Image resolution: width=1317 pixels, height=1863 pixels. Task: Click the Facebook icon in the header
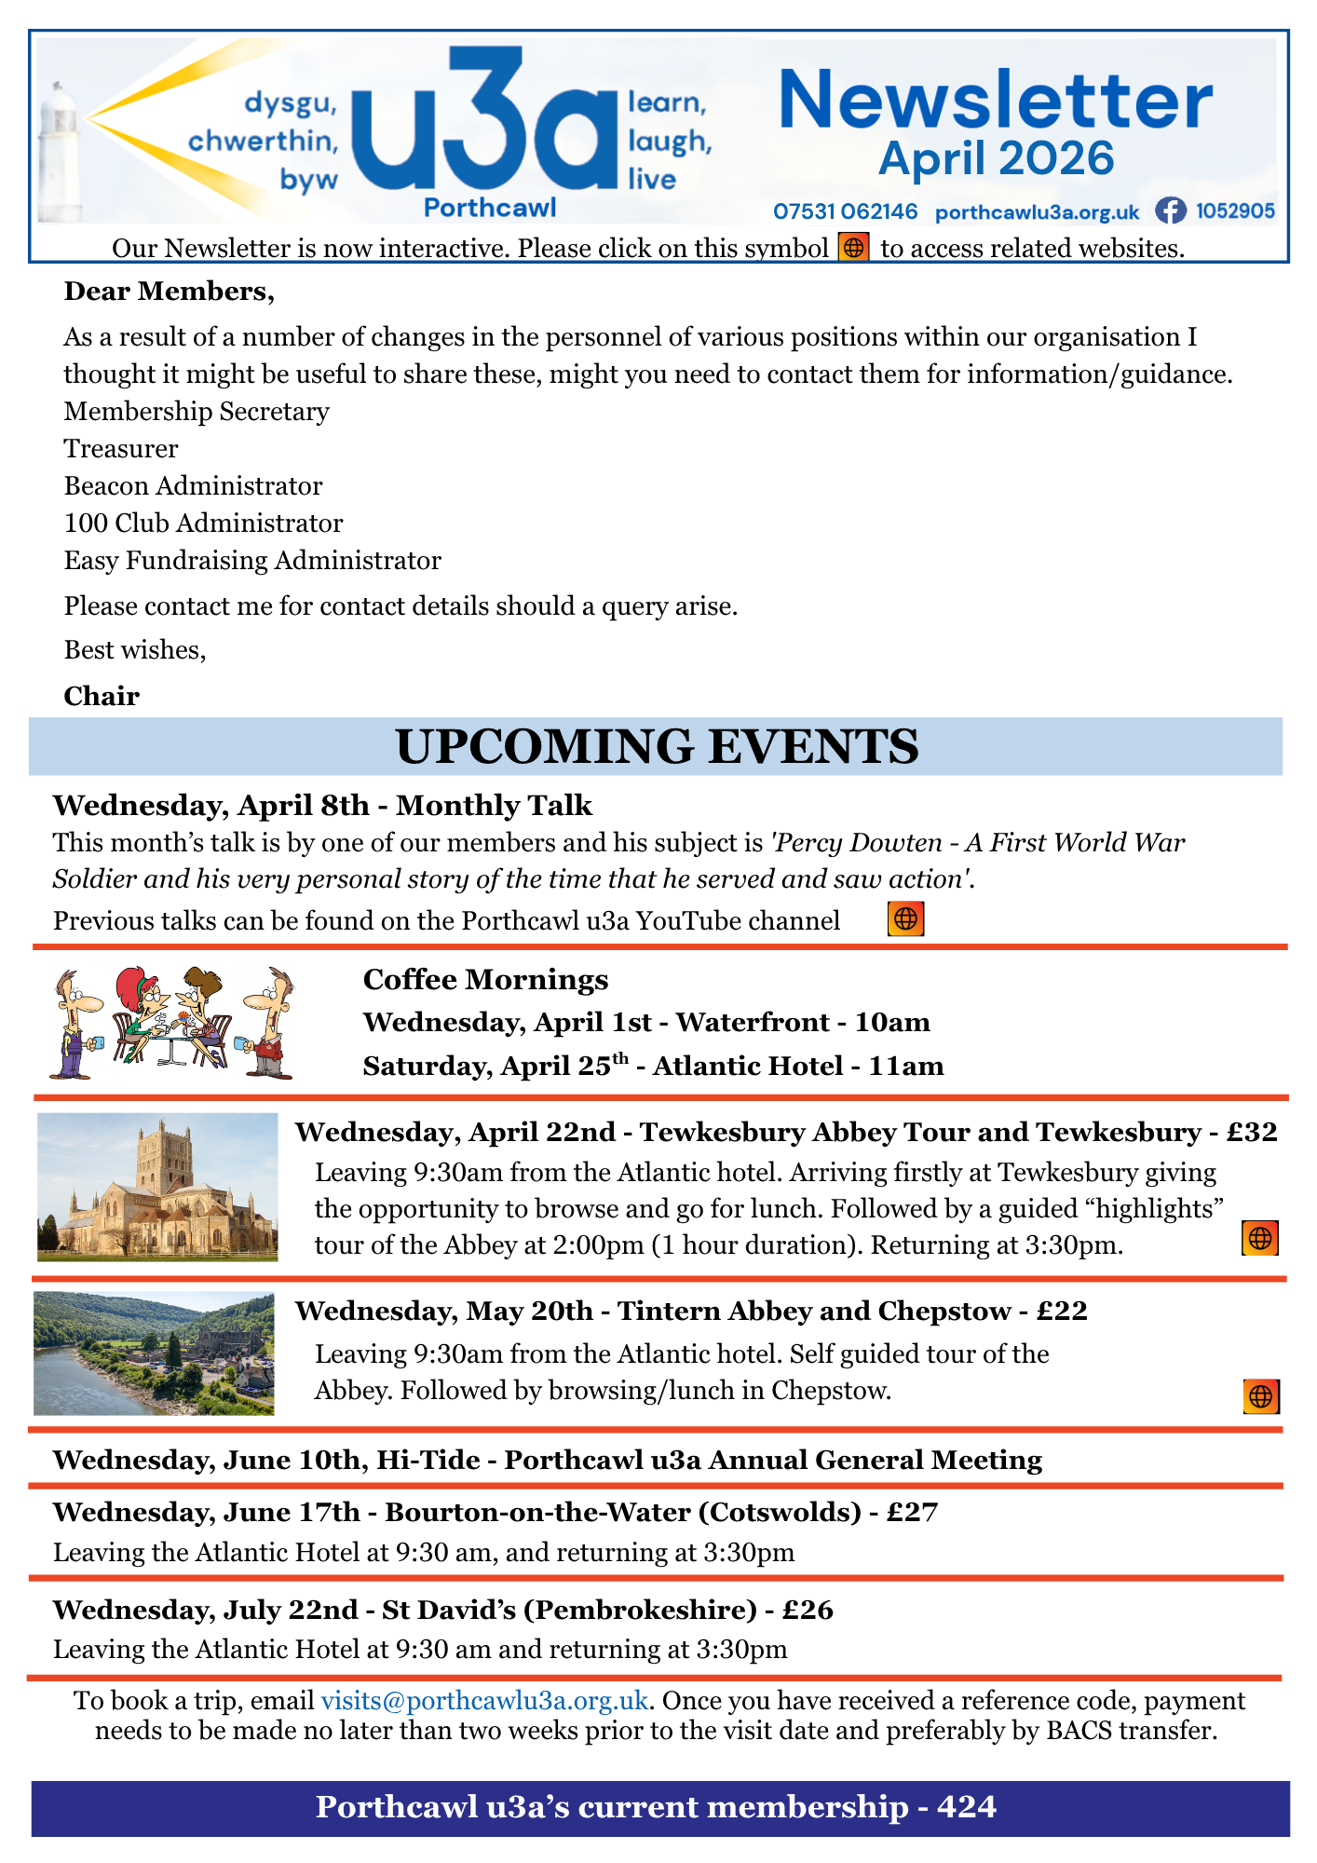coord(1170,211)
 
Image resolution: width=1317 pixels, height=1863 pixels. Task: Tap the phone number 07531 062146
coord(845,212)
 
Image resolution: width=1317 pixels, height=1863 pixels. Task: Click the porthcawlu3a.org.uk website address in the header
coord(1037,212)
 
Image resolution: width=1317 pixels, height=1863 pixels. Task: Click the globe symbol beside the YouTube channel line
coord(905,919)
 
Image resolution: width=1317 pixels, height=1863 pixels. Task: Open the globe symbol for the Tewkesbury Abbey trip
coord(1259,1239)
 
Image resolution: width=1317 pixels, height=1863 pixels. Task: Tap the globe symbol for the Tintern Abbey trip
coord(1260,1396)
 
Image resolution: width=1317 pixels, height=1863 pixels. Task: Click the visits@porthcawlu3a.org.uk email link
coord(484,1701)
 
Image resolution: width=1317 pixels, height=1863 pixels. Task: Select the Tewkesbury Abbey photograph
coord(157,1187)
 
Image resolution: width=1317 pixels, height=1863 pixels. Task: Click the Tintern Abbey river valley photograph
coord(154,1353)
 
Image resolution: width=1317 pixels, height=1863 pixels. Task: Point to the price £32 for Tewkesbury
coord(1252,1132)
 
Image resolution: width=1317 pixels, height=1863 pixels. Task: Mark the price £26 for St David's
coord(808,1610)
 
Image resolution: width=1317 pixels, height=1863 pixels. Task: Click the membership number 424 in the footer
coord(967,1807)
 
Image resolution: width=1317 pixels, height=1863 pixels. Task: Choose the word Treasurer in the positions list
coord(121,449)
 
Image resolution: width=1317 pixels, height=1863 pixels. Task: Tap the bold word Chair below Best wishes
coord(102,696)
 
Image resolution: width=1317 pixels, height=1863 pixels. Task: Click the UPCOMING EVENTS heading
coord(657,747)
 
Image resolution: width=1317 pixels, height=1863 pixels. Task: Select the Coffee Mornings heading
coord(485,979)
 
